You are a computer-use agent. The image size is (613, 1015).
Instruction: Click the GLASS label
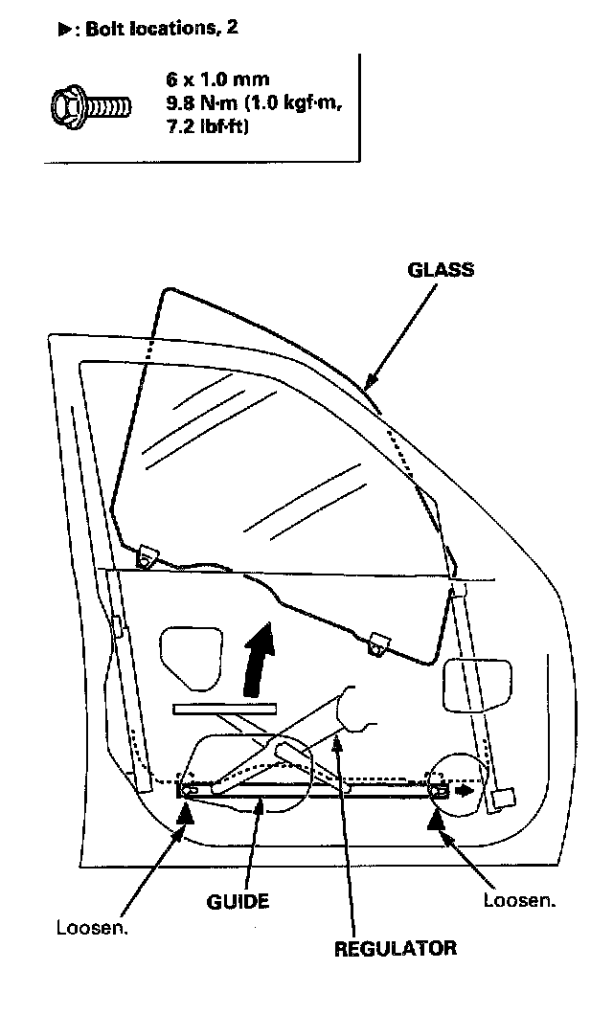pos(441,269)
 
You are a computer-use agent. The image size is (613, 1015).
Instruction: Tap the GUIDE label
pos(238,901)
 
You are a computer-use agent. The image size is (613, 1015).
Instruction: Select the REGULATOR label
pos(395,949)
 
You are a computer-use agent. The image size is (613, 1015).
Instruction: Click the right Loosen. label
pos(519,900)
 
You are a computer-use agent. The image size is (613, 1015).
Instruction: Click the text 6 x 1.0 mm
pos(216,80)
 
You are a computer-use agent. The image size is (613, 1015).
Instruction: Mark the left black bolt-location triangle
pos(186,814)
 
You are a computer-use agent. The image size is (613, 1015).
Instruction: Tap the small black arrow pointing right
pos(465,791)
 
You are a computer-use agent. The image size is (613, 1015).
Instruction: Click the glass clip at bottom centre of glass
pos(378,643)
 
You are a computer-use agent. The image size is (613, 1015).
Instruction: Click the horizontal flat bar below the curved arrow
pos(225,709)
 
